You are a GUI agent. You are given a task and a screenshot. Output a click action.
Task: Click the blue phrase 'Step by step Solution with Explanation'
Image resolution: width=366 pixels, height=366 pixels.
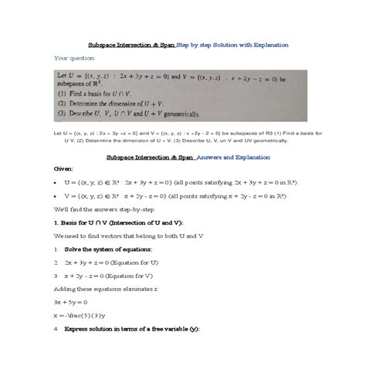(237, 44)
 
